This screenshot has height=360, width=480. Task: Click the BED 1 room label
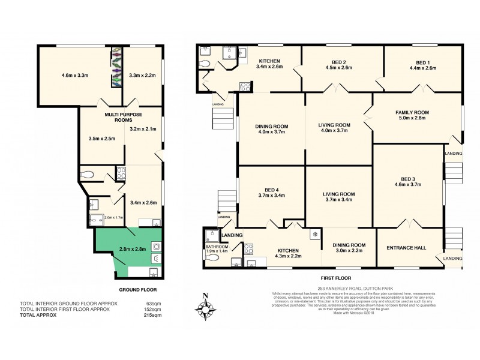click(x=424, y=62)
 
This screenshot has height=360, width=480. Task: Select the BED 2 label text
click(x=338, y=62)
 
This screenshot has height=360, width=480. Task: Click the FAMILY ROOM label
click(x=412, y=112)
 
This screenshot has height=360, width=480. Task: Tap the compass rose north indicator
click(x=205, y=308)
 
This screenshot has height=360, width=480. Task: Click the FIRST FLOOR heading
click(x=335, y=278)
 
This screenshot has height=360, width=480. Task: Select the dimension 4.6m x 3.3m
click(x=75, y=76)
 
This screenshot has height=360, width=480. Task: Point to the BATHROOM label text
click(x=217, y=247)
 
